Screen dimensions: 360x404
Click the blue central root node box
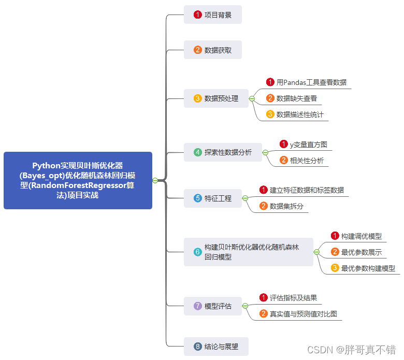coord(78,180)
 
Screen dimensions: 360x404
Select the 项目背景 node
coord(213,15)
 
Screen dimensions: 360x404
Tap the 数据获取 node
coord(213,50)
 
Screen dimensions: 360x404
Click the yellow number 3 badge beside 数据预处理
coord(197,98)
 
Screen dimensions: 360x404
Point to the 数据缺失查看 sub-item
coord(296,98)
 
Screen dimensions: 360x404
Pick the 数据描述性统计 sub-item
coord(299,114)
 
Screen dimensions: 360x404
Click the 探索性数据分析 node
coord(223,152)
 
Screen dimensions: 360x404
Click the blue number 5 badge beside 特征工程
coord(197,198)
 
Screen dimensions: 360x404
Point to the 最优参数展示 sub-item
coord(361,252)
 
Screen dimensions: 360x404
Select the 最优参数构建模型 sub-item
coord(368,268)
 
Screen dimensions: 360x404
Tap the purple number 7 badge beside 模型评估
coord(197,306)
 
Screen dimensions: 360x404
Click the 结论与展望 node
coord(216,347)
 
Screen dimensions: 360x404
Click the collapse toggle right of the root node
coord(155,180)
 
